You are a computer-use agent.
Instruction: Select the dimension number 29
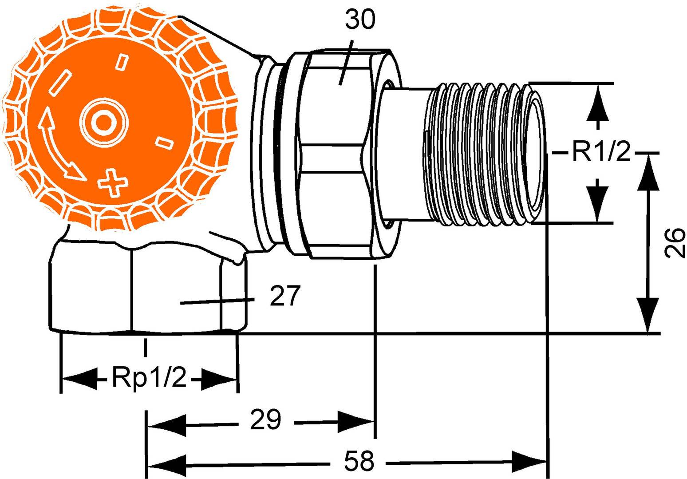265,420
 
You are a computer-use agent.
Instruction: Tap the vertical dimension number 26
674,243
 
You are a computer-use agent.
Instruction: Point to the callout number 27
285,296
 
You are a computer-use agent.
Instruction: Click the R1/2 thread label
600,153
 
